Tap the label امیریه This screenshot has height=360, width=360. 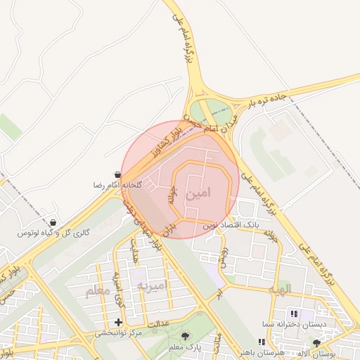153,285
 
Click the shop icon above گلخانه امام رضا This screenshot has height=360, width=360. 117,174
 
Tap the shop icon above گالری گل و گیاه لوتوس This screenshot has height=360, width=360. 53,222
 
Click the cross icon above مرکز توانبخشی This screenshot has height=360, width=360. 118,322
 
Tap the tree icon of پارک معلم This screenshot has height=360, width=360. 186,336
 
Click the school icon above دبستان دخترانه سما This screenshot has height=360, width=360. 293,314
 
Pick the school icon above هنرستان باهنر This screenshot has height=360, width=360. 262,342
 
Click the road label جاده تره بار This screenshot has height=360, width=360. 269,99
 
